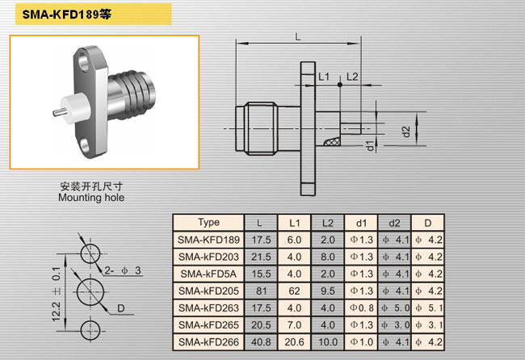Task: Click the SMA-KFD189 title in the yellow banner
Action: point(66,15)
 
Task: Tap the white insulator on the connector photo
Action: point(74,108)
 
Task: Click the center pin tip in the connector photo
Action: point(54,113)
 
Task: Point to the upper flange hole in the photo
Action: point(82,62)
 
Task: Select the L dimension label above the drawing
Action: point(298,36)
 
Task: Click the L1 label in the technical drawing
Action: point(324,77)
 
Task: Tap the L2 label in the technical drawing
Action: point(352,77)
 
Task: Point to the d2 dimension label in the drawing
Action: point(406,132)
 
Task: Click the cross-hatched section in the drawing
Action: point(332,141)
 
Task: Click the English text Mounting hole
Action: point(91,198)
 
